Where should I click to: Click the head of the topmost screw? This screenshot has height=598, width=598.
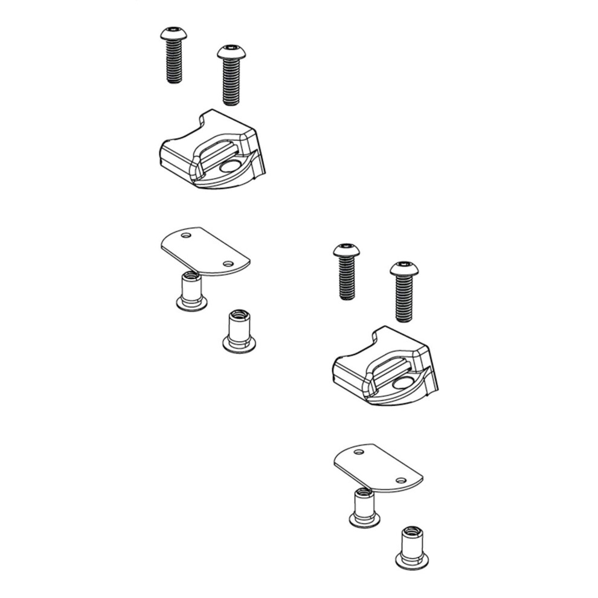(x=173, y=34)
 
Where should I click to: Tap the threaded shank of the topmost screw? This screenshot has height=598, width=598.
(x=174, y=63)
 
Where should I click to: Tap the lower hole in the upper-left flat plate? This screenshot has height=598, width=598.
(x=228, y=264)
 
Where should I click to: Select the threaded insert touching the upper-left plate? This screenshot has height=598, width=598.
(x=191, y=291)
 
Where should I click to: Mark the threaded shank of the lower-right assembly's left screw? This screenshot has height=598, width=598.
(x=347, y=279)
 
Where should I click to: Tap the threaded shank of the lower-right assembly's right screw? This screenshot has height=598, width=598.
(x=404, y=300)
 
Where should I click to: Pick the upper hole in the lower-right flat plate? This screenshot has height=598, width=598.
(x=359, y=452)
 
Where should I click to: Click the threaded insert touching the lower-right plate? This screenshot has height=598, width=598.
(x=364, y=506)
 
